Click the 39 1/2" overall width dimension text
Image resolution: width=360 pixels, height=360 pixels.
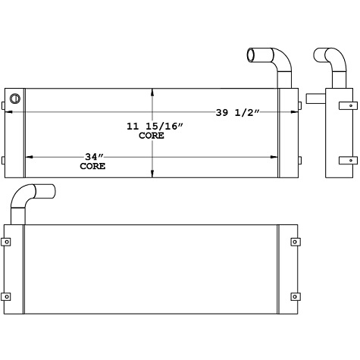click(x=237, y=113)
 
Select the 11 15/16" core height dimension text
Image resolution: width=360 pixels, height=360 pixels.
click(x=153, y=127)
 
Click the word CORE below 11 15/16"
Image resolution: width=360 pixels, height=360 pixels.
click(x=152, y=136)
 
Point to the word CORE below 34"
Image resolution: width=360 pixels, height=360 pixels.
click(x=92, y=165)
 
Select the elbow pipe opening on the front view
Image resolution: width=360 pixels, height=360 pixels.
click(x=252, y=54)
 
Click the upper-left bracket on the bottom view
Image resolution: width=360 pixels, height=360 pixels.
click(x=7, y=243)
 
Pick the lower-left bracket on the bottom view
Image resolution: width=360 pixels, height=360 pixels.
click(x=7, y=296)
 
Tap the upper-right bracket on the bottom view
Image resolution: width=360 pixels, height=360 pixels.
click(x=294, y=243)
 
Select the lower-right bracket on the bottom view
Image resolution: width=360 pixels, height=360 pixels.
click(x=294, y=296)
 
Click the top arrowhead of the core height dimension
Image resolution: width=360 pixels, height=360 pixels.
click(x=154, y=92)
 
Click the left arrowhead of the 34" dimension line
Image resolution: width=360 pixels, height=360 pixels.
click(x=30, y=157)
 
